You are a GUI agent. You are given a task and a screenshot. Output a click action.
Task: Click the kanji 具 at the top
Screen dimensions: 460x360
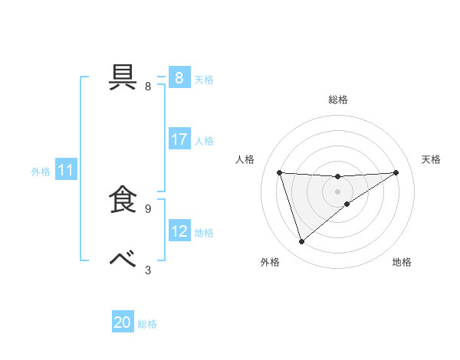[125, 77]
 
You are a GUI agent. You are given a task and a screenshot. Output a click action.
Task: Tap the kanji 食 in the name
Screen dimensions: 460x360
[125, 199]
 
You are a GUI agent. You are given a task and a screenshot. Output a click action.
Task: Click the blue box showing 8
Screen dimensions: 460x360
[179, 78]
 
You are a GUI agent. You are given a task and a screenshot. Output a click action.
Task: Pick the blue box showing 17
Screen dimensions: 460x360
[179, 140]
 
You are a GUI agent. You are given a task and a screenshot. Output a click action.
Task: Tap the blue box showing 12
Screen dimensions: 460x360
[179, 232]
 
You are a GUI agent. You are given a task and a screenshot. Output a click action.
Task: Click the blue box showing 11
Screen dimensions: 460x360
[66, 171]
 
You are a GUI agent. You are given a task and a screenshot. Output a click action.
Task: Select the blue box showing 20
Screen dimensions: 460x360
[123, 323]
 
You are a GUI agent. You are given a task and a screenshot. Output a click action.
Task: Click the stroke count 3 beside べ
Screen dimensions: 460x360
[148, 270]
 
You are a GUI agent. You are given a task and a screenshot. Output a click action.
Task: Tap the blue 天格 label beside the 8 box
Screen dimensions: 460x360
[204, 79]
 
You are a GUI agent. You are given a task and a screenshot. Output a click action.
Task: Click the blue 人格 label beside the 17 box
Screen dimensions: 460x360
[204, 141]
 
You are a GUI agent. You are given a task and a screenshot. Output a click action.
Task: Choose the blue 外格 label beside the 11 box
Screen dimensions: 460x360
[41, 172]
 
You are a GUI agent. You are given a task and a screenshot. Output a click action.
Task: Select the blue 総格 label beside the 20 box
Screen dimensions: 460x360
[147, 324]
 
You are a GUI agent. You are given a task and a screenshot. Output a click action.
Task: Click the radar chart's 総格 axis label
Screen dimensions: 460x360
[338, 100]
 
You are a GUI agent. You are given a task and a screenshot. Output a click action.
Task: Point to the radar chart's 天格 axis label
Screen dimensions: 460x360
[432, 159]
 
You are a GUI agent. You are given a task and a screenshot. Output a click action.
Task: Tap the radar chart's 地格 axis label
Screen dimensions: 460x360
[402, 262]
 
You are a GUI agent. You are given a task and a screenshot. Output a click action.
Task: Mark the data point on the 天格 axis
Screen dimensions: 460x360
[396, 172]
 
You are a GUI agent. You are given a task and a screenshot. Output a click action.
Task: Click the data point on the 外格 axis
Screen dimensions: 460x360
[302, 242]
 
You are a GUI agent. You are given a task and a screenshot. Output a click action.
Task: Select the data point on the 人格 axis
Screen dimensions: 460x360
[280, 172]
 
